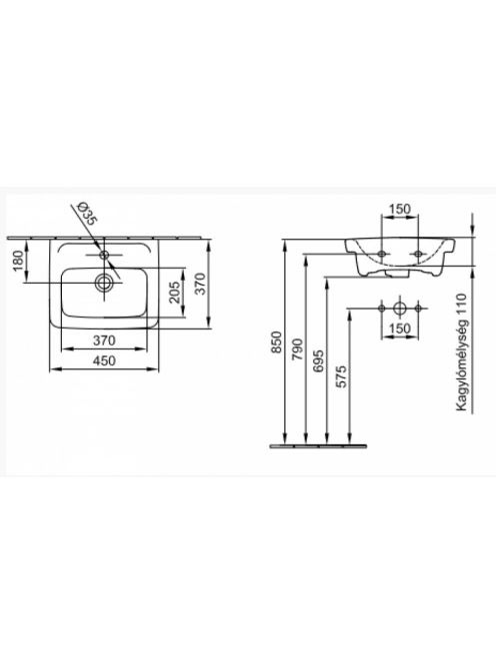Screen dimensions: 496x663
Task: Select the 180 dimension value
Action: point(18,261)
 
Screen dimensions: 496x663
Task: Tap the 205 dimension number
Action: point(174,293)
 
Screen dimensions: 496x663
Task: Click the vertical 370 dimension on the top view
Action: point(200,284)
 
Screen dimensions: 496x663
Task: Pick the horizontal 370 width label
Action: point(104,339)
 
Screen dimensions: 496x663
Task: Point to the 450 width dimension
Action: point(104,360)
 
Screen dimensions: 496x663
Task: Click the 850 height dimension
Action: point(276,342)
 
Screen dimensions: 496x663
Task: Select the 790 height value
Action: point(298,349)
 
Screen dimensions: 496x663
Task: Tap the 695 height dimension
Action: point(318,360)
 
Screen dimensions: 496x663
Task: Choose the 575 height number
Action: point(340,375)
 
